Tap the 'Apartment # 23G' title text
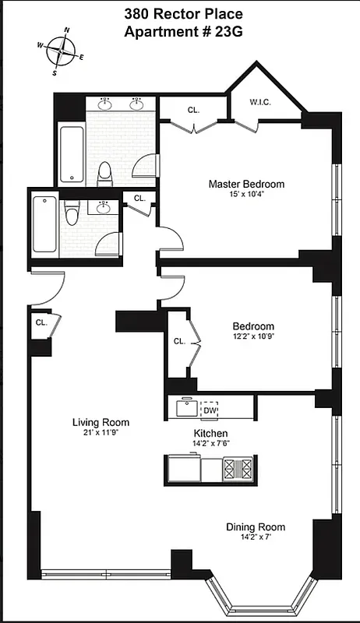click(183, 32)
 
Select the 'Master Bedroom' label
click(245, 185)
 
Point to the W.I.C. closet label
click(260, 101)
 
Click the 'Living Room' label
click(101, 423)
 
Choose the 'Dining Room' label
click(256, 527)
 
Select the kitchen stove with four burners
click(238, 469)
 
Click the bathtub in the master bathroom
click(71, 153)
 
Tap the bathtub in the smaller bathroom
click(44, 224)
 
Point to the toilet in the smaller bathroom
click(72, 213)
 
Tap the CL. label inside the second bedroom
click(179, 341)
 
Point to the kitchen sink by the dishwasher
click(185, 409)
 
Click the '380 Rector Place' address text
click(183, 14)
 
